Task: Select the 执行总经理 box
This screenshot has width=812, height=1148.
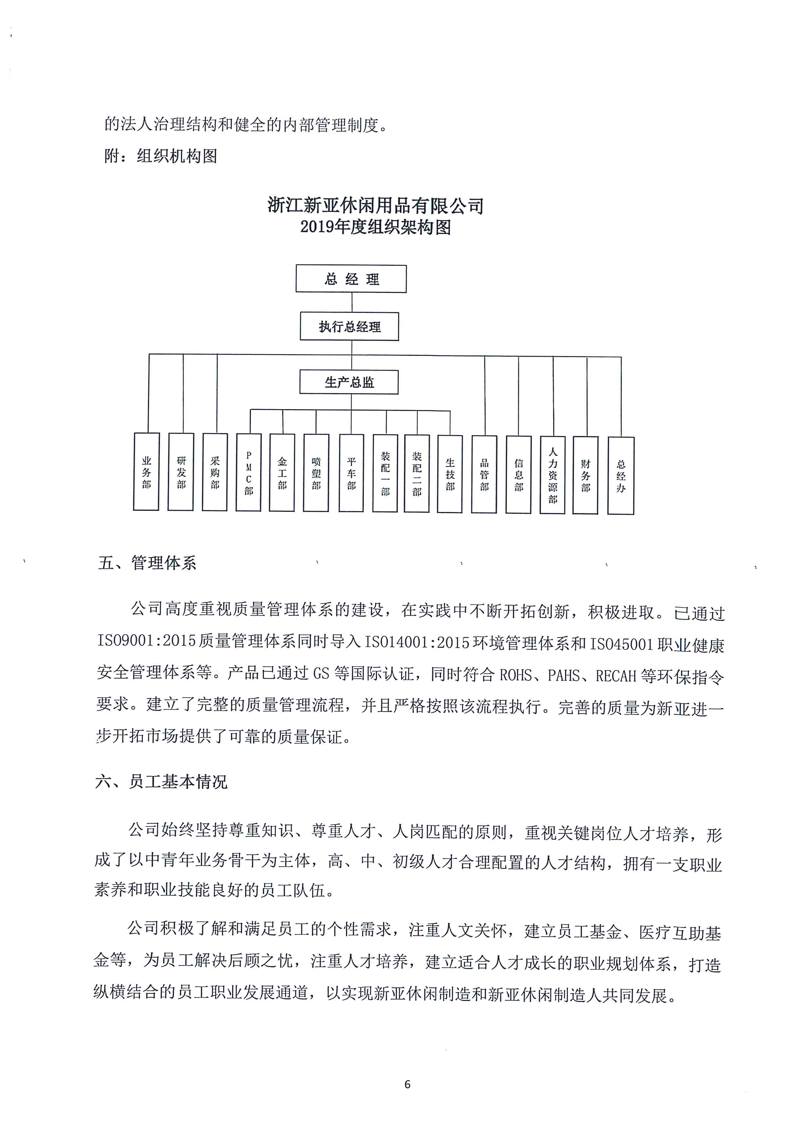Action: [x=349, y=327]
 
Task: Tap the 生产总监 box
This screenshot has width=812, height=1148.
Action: [x=349, y=382]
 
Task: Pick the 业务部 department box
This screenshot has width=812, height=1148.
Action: [x=146, y=472]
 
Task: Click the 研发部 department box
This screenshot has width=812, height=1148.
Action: [x=180, y=472]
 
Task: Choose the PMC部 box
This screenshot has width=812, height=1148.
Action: [x=249, y=472]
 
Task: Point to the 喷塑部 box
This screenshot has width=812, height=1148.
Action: [x=316, y=473]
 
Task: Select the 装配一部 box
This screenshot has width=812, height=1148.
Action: [x=385, y=473]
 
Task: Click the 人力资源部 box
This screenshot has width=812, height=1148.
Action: [x=552, y=475]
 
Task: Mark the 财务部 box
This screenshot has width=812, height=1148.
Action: [x=585, y=475]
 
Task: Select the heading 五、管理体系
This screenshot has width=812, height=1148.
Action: [x=147, y=563]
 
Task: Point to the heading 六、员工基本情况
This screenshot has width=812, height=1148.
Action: [x=161, y=781]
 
